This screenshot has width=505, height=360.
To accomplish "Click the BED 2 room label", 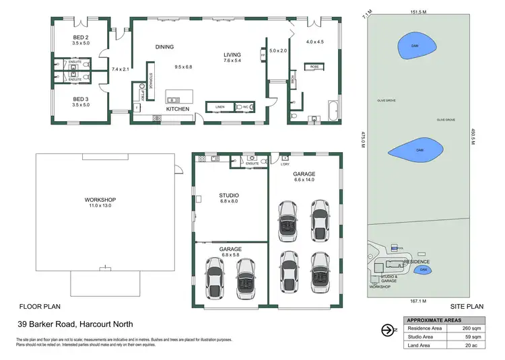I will [x=81, y=36].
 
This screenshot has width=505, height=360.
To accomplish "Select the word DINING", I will [x=164, y=47].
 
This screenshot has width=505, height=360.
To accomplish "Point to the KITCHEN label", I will [x=178, y=109].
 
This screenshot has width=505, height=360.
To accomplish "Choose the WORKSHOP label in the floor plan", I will [x=100, y=200].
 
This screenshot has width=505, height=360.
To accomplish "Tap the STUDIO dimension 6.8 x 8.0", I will [x=229, y=201].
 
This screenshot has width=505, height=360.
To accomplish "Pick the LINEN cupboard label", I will [x=220, y=107].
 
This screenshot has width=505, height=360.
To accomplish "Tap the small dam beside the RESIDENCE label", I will [x=424, y=270].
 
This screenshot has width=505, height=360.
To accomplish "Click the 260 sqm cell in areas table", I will [x=471, y=328].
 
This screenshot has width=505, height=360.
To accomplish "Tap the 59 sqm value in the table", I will [x=471, y=337].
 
